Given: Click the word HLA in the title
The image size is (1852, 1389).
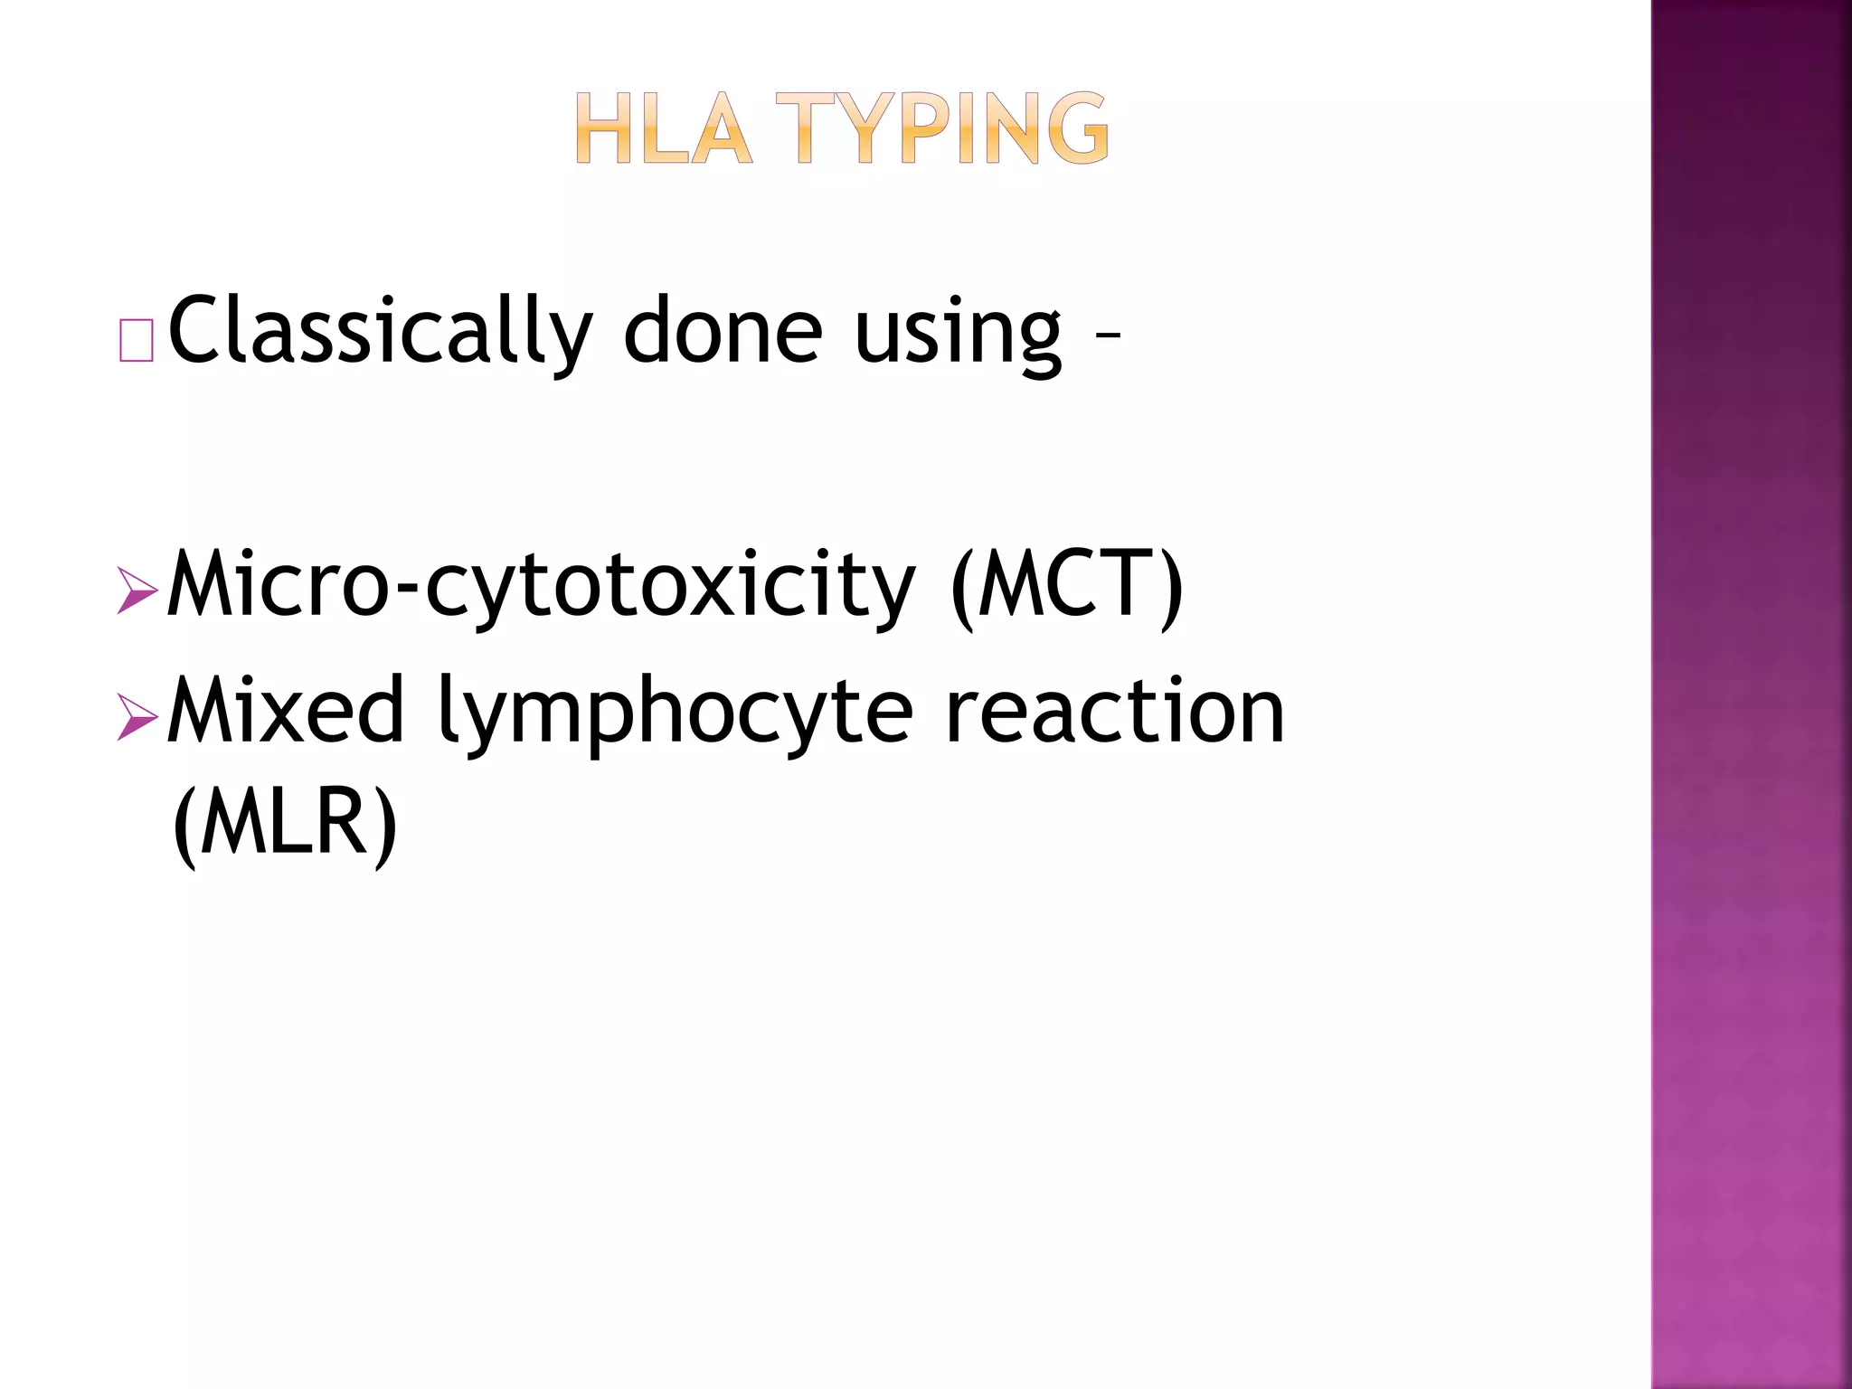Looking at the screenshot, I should coord(663,129).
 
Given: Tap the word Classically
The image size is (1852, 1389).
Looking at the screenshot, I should coord(380,331).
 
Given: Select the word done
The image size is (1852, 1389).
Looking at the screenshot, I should coord(723,331).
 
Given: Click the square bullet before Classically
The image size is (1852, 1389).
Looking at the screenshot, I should coord(136,341).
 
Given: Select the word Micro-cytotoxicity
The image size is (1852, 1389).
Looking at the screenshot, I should coord(541,586).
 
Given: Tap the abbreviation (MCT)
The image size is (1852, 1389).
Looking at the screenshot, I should coord(1067,586).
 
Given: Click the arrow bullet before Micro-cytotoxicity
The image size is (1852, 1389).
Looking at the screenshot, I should coord(137,593).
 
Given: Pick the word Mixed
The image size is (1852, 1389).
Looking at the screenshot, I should coord(285,712).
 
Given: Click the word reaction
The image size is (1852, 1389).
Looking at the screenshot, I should coord(1114,712).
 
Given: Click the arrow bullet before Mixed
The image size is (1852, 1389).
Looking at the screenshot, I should coord(137,720).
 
